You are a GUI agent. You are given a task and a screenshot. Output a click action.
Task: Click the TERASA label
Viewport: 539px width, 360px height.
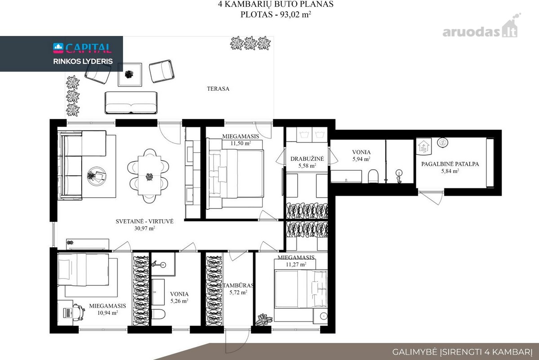click(x=218, y=89)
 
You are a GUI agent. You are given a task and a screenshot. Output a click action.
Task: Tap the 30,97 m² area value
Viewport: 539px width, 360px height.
click(x=145, y=228)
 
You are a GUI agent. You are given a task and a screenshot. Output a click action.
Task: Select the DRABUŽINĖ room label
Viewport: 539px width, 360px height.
click(x=307, y=159)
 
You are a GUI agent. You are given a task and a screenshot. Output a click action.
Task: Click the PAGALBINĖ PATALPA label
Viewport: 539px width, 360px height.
click(x=450, y=164)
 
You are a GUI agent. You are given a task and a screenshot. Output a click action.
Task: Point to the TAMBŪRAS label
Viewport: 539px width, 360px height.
click(x=238, y=285)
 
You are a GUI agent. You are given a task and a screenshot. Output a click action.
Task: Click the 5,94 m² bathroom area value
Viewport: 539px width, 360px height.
click(x=361, y=159)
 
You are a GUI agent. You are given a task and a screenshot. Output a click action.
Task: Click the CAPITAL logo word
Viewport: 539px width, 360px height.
click(x=88, y=48)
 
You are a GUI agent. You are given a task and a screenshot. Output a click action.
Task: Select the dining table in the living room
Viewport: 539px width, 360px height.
click(x=150, y=176)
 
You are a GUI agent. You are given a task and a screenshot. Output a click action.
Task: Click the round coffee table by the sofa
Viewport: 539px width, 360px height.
click(x=97, y=176)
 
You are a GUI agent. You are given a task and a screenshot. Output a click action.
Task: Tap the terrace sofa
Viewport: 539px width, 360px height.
click(x=131, y=102)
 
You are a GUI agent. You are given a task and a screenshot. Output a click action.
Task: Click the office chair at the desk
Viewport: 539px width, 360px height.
click(x=79, y=312)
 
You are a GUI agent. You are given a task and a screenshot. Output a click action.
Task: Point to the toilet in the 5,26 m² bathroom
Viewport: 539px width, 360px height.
click(x=158, y=314)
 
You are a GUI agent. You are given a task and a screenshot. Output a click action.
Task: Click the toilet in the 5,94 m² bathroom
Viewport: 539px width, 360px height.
click(x=373, y=176)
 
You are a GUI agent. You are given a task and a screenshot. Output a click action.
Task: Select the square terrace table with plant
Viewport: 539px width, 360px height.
click(x=130, y=75)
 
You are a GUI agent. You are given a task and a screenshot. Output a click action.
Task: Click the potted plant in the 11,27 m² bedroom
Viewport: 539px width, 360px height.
click(x=264, y=320)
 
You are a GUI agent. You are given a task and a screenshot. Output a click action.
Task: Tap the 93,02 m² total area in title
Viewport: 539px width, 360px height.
click(x=296, y=14)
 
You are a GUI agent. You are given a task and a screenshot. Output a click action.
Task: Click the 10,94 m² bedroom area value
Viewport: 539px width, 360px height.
click(x=107, y=313)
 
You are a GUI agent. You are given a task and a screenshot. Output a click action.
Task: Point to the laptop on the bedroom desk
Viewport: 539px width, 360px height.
click(x=67, y=312)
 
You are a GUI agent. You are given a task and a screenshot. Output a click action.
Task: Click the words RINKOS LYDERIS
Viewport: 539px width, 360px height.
click(x=83, y=62)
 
